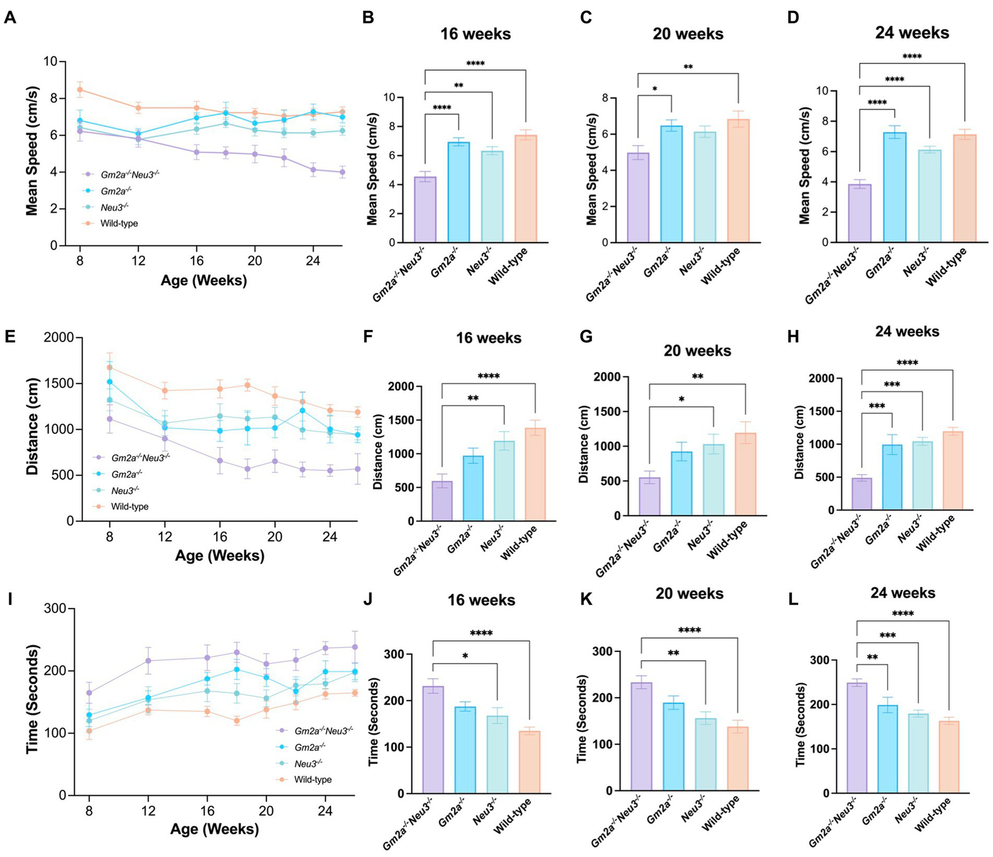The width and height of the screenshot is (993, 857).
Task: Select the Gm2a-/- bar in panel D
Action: pos(895,188)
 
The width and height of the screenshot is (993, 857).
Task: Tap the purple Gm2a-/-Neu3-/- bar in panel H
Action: pos(862,494)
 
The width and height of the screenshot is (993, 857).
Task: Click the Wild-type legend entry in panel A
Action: pos(118,223)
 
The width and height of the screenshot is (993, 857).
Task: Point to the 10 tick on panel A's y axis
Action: pos(50,61)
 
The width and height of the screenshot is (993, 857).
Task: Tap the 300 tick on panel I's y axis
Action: pos(56,609)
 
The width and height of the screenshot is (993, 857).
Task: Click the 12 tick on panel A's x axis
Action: pos(138,260)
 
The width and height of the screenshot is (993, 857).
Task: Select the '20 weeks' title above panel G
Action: pos(697,351)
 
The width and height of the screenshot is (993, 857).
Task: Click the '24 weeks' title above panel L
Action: pos(902,592)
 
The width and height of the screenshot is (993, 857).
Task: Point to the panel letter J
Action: pos(367,599)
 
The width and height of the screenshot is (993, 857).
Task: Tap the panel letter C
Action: pos(586,17)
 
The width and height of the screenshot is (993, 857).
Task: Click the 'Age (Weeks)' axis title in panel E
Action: pos(219,555)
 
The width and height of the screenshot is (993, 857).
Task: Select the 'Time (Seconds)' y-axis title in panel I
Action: pos(32,699)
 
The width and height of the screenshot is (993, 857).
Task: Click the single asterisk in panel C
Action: pos(655,89)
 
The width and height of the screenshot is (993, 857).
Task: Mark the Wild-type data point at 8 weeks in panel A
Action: pos(80,89)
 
